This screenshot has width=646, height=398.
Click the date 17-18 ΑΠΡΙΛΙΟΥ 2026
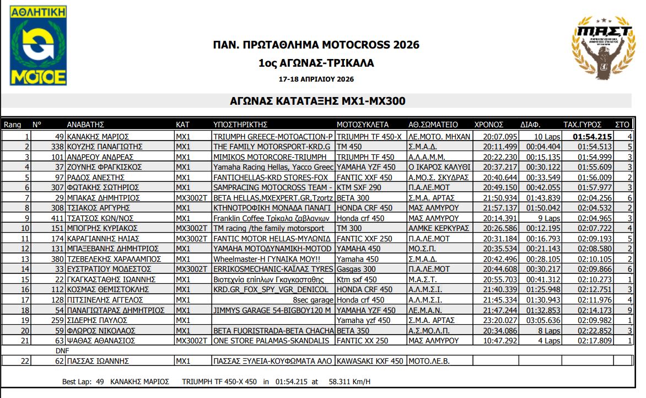[316, 79]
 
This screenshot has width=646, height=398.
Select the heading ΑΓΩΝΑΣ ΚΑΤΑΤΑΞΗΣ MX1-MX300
[317, 101]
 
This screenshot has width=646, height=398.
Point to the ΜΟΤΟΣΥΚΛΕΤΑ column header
[362, 125]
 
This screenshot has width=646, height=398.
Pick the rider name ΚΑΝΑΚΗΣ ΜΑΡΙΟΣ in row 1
[98, 137]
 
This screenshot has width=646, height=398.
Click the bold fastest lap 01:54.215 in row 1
[593, 137]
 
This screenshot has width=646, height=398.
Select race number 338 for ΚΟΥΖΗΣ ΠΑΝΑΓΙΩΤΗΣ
[57, 147]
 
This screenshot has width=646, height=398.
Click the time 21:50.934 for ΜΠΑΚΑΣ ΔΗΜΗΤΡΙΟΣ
[500, 197]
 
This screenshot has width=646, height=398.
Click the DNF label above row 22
[62, 351]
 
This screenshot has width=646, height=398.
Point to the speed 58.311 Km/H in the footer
[349, 381]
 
